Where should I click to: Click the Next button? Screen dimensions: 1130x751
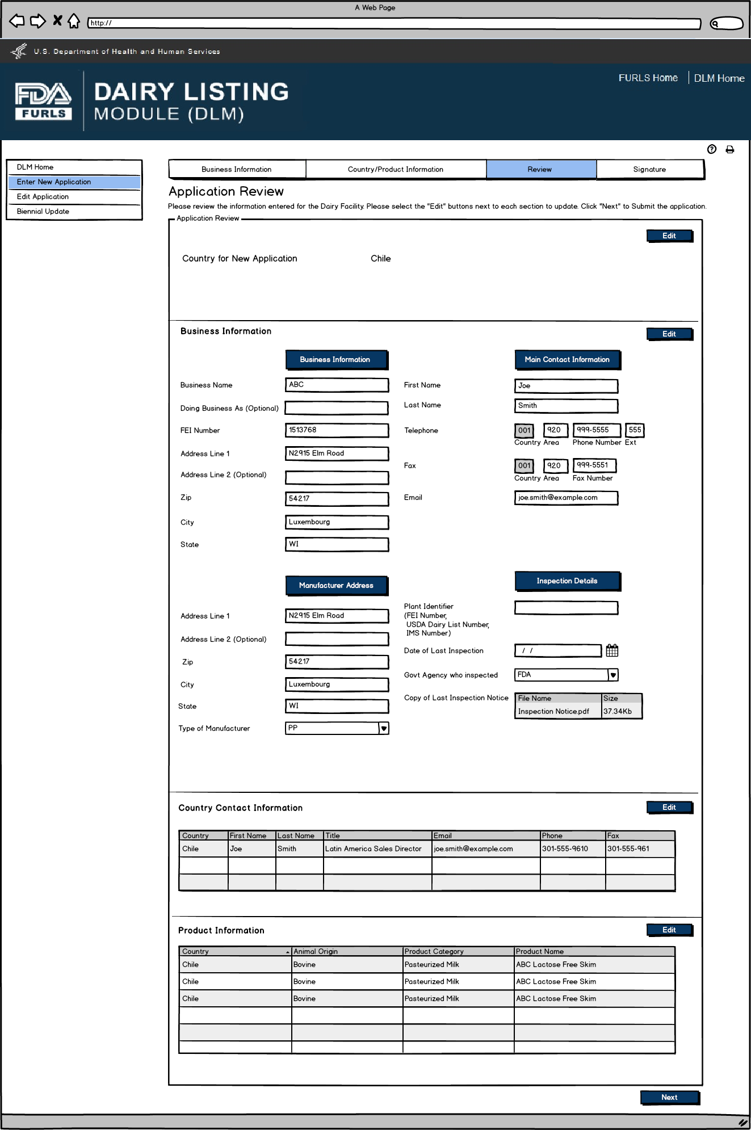click(669, 1097)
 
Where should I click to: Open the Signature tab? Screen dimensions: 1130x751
click(649, 169)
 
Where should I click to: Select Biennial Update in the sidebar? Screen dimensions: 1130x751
click(43, 211)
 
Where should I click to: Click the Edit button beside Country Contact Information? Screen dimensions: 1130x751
click(669, 807)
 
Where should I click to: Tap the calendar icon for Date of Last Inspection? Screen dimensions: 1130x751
click(612, 650)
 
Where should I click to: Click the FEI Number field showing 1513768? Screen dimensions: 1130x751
click(337, 430)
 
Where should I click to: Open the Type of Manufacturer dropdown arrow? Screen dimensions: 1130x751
click(384, 728)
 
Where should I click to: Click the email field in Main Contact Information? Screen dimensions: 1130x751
click(565, 498)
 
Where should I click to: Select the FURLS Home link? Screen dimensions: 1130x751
click(648, 78)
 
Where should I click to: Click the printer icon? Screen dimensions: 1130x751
click(730, 149)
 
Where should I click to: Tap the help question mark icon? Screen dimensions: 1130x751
click(712, 149)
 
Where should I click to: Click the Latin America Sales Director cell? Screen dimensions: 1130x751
click(374, 848)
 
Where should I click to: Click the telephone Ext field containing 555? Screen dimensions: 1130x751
click(635, 430)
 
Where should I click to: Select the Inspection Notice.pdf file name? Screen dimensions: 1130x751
click(553, 711)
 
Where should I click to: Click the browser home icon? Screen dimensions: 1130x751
click(74, 22)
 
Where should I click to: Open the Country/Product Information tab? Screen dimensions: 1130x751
click(395, 169)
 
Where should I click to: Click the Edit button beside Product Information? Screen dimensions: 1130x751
click(669, 930)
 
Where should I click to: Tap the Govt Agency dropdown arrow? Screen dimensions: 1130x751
click(613, 675)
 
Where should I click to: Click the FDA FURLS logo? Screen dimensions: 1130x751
click(43, 101)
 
